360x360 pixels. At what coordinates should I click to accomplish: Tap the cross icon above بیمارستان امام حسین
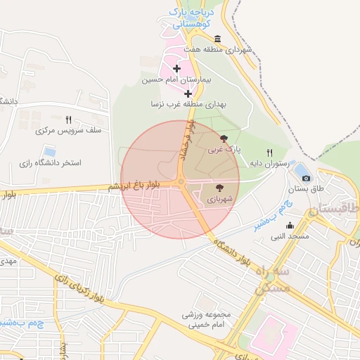(176, 69)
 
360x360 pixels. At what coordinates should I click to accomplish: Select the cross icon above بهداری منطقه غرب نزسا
(188, 93)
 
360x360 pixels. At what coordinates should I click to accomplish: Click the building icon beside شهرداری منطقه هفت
(217, 39)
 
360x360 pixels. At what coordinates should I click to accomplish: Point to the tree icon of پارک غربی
(224, 139)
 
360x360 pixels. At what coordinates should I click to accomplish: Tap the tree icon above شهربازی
(219, 188)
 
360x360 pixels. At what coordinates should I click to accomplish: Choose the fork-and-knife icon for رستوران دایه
(269, 153)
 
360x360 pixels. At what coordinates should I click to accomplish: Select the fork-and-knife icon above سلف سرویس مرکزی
(68, 120)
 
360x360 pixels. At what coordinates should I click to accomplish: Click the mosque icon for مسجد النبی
(290, 226)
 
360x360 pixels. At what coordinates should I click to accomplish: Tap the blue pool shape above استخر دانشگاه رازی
(49, 151)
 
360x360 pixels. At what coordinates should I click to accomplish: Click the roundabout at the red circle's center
(181, 182)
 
